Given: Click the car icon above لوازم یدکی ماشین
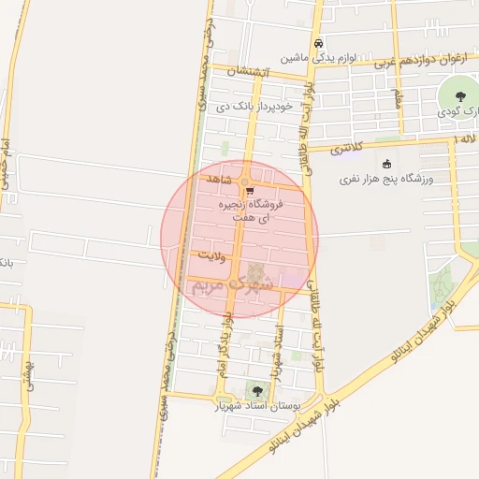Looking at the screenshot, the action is click(x=320, y=43).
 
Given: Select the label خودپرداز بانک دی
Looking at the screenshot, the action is click(x=255, y=107).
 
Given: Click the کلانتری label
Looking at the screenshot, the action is click(x=346, y=148).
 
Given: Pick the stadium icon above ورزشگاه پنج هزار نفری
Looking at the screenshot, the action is click(x=387, y=165).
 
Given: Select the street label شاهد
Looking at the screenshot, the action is click(x=215, y=178).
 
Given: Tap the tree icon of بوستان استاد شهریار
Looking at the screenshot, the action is click(x=256, y=391).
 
